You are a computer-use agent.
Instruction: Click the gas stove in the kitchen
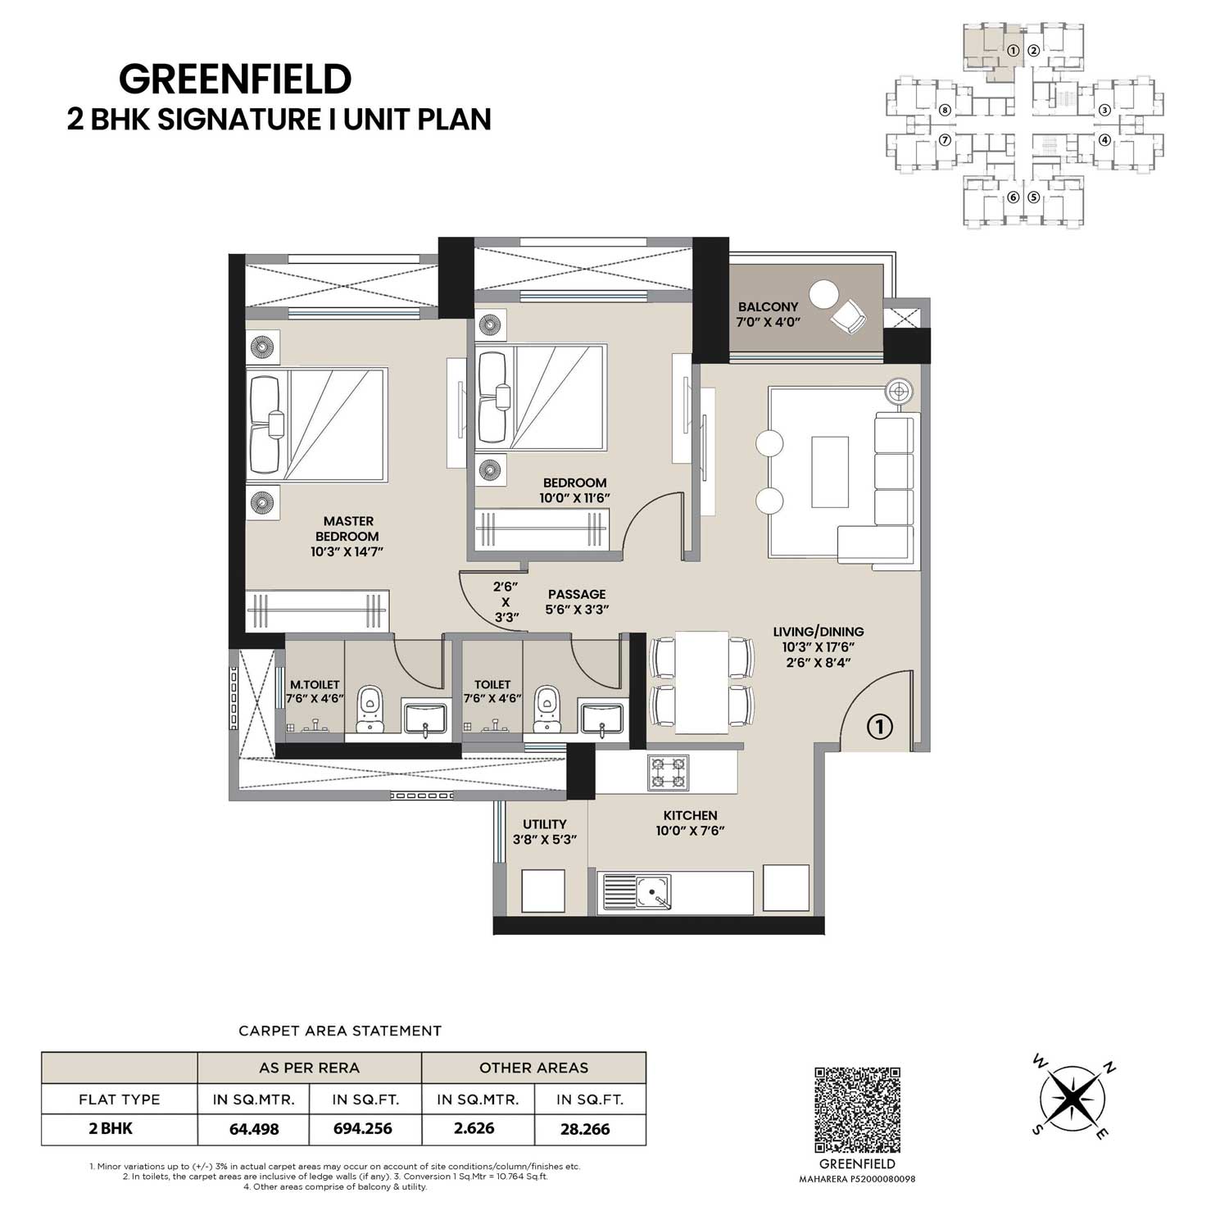coord(669,773)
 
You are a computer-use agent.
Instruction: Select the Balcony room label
coord(768,307)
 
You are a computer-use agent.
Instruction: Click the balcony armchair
coord(847,315)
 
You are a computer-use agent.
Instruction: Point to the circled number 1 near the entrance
coord(879,726)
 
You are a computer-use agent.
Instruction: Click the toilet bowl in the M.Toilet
coord(371,709)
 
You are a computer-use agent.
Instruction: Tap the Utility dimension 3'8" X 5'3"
coord(545,840)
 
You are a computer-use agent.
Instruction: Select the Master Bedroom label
coord(348,528)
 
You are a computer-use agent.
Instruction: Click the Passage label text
coord(577,594)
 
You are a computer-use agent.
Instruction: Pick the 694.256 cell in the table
coord(363,1128)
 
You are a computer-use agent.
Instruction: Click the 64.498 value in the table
coord(254,1128)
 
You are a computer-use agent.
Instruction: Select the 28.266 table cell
coord(585,1128)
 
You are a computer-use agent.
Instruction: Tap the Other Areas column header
coord(533,1068)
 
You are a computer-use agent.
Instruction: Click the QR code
coord(858,1109)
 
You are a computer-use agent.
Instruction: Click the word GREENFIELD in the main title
coord(235,79)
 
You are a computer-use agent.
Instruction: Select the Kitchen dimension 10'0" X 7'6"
coord(691,831)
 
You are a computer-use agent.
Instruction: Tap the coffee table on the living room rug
coord(830,472)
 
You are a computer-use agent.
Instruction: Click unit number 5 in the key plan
coord(1033,197)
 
